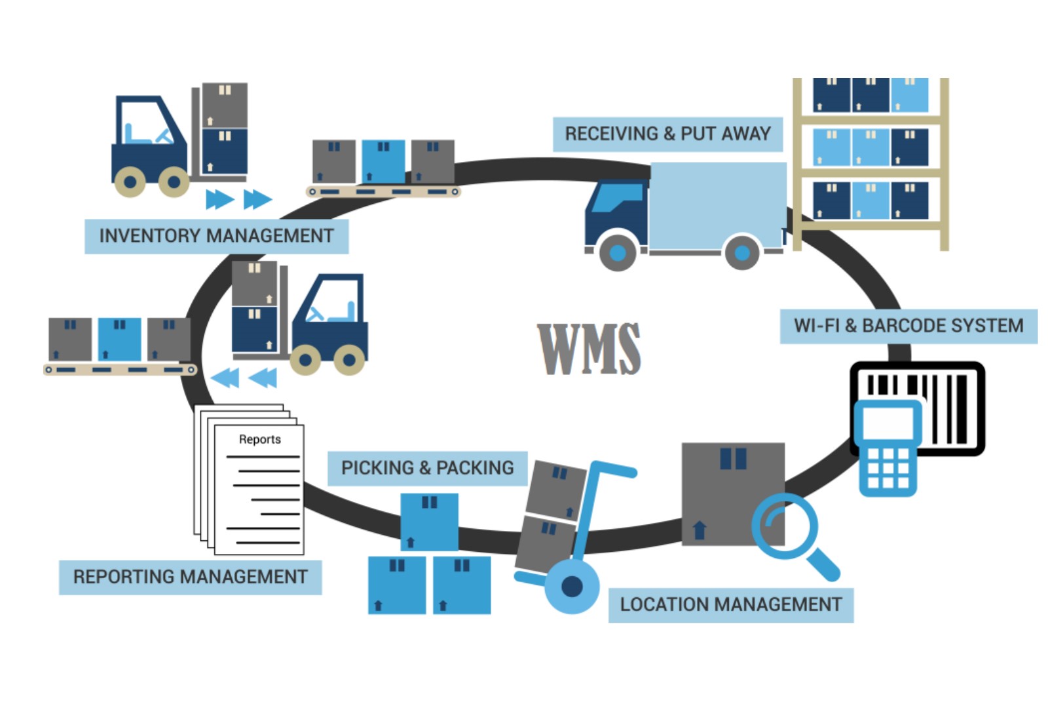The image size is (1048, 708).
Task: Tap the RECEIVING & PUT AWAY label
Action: point(667,134)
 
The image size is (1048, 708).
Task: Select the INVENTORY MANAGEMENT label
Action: point(216,235)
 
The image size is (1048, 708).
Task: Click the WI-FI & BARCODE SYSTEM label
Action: point(908,326)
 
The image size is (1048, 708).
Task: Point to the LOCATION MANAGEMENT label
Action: point(730,604)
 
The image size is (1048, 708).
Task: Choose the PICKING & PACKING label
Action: point(427,468)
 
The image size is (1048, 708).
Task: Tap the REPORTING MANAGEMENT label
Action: point(190,577)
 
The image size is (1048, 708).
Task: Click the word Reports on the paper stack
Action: point(259,439)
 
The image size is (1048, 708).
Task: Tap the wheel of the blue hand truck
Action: point(572,586)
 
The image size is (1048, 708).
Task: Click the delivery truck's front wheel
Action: point(617,252)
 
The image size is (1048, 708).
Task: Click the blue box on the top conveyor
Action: point(383,161)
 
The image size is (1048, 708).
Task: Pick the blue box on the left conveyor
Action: point(119,339)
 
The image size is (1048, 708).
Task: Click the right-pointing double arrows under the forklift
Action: point(238,199)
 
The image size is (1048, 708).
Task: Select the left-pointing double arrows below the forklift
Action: point(244,378)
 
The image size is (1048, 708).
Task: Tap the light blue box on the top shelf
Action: point(909,95)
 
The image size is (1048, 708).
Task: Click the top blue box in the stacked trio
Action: point(429,522)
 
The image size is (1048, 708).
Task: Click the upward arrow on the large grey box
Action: point(699,529)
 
